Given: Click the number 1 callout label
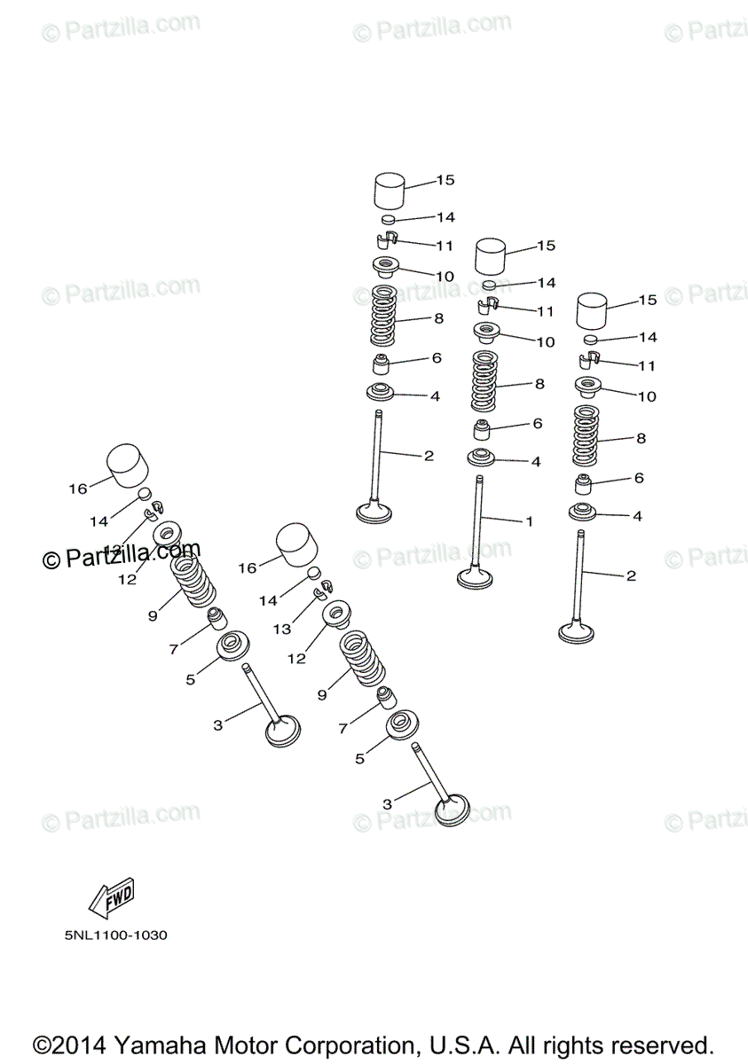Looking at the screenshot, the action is point(530,521).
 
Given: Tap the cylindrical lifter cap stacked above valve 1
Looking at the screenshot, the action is point(491,257).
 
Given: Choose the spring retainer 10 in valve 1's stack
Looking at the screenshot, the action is point(486,335).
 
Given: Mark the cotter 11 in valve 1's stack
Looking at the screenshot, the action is point(487,307).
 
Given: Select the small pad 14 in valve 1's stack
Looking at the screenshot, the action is point(489,286).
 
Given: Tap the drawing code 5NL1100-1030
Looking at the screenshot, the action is point(116,935).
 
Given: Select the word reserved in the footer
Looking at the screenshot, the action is point(660,1044).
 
